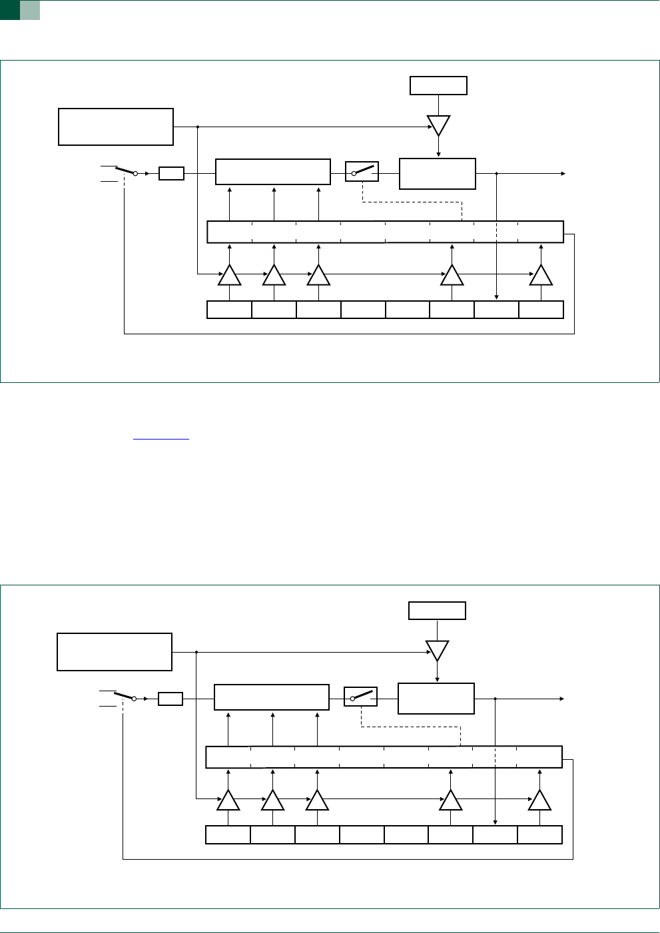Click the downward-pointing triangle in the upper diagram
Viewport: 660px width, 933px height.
pos(438,125)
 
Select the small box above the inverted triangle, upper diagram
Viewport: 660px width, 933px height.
pos(438,86)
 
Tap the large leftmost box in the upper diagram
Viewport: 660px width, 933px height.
pos(116,127)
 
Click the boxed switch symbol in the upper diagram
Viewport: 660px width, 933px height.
pos(362,171)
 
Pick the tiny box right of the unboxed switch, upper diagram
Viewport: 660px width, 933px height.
pos(171,174)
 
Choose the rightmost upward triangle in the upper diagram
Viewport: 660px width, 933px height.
pos(541,276)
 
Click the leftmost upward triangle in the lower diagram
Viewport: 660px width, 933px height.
pos(228,800)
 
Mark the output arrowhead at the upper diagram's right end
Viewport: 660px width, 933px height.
pos(563,174)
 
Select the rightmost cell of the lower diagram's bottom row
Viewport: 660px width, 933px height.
pos(540,834)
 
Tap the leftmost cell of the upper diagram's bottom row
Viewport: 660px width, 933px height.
pos(230,310)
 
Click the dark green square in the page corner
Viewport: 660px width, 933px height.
pos(9,10)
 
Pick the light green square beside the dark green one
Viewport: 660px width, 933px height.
pos(30,10)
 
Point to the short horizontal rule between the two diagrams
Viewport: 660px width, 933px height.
pos(162,440)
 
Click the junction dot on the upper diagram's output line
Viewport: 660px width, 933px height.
pos(497,174)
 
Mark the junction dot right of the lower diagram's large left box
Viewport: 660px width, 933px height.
pos(196,652)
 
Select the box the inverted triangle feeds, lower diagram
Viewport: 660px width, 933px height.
pos(436,699)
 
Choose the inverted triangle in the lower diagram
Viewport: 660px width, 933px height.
pos(437,650)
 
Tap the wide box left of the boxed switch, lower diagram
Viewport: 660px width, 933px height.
pos(272,697)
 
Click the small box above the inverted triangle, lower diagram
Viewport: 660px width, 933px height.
pos(437,611)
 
